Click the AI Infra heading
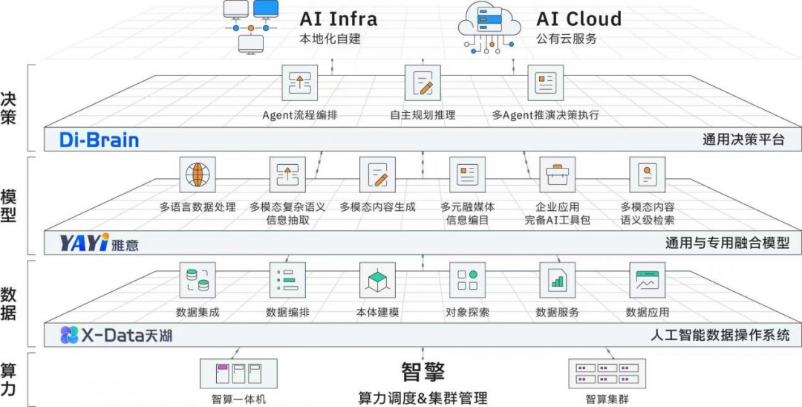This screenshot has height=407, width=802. pyautogui.click(x=338, y=18)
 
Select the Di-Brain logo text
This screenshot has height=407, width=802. pyautogui.click(x=101, y=140)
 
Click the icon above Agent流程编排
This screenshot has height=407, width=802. pyautogui.click(x=299, y=82)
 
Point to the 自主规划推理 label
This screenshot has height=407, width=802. pyautogui.click(x=423, y=115)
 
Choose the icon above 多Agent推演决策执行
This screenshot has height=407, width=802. pyautogui.click(x=546, y=82)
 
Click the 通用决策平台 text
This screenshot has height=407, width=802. pyautogui.click(x=743, y=140)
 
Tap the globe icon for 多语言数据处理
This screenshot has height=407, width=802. pyautogui.click(x=198, y=175)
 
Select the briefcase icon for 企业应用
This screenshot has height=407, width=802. pyautogui.click(x=557, y=175)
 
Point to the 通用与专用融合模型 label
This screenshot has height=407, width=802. pyautogui.click(x=727, y=243)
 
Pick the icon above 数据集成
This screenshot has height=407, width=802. pyautogui.click(x=198, y=280)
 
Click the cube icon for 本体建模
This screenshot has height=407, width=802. pyautogui.click(x=377, y=280)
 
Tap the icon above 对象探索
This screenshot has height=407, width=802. pyautogui.click(x=467, y=280)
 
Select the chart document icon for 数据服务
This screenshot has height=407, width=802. pyautogui.click(x=557, y=280)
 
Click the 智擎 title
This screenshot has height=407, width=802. pyautogui.click(x=423, y=371)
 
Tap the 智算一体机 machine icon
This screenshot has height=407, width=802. pyautogui.click(x=238, y=373)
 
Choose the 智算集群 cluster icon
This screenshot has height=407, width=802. pyautogui.click(x=605, y=373)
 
